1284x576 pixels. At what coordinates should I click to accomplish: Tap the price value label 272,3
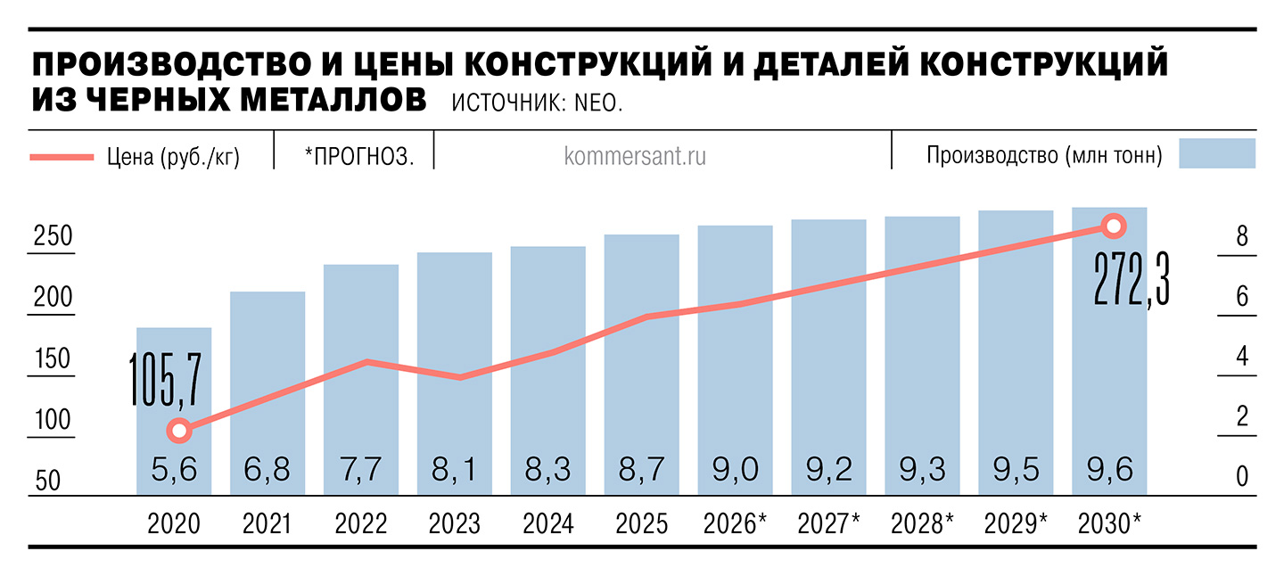[1131, 278]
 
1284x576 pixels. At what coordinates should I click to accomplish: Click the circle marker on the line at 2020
[179, 431]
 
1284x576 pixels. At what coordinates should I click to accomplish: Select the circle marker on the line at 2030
[1112, 226]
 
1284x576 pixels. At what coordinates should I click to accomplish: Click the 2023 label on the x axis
[454, 524]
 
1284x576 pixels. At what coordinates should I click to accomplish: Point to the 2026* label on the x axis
[735, 524]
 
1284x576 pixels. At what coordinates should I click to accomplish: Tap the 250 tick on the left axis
[53, 237]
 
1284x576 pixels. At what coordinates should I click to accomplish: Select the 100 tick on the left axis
[53, 419]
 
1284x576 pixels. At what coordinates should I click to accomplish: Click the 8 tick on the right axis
[1241, 237]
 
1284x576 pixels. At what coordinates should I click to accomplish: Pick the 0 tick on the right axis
[1241, 477]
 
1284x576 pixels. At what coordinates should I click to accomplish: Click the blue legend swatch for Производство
[1216, 153]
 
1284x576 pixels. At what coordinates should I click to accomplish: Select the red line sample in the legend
[62, 157]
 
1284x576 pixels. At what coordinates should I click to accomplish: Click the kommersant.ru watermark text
[635, 156]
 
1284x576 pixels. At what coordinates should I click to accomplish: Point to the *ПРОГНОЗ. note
[358, 157]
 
